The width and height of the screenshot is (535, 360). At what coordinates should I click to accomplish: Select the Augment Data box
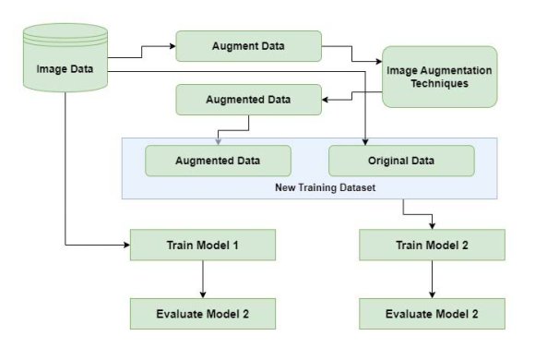[x=248, y=45]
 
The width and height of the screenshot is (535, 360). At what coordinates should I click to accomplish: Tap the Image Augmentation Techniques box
[x=438, y=77]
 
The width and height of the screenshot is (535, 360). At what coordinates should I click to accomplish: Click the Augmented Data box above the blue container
[x=249, y=99]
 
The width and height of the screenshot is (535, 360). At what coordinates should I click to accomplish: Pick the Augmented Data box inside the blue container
[x=218, y=161]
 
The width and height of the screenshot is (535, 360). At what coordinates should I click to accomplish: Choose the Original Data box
[x=400, y=161]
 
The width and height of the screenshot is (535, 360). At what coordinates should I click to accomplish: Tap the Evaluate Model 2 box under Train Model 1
[x=202, y=313]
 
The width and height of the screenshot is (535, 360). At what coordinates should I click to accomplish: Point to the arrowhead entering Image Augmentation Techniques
[x=378, y=63]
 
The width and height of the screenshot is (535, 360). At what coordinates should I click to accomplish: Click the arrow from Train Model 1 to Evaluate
[x=202, y=279]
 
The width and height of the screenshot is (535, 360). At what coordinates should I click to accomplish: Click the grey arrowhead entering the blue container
[x=218, y=140]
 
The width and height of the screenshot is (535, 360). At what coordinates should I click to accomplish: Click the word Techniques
[x=438, y=83]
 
